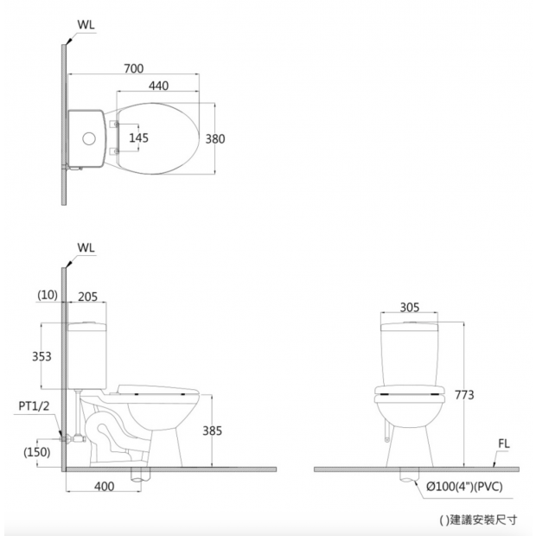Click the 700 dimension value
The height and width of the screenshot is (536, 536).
click(x=134, y=68)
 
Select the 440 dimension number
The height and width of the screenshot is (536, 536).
click(x=158, y=86)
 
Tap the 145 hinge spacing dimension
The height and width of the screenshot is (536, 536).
click(x=139, y=137)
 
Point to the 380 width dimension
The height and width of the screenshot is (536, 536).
click(x=215, y=139)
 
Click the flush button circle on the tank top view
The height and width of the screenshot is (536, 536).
click(x=89, y=138)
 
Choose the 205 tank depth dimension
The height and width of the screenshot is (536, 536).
click(x=88, y=297)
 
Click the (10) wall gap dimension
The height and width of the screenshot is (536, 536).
click(x=48, y=295)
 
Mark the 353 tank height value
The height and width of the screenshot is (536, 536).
click(x=41, y=356)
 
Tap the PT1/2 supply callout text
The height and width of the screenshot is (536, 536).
click(x=34, y=405)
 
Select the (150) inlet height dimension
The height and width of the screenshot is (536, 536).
click(x=37, y=452)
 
